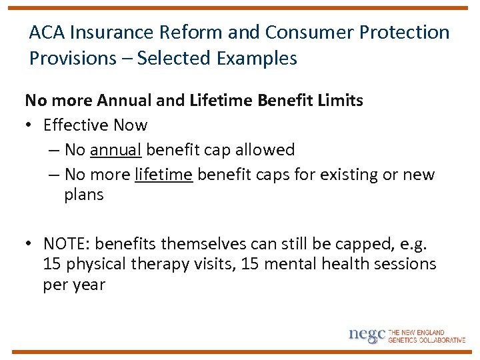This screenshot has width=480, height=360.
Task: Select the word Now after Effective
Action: (x=131, y=125)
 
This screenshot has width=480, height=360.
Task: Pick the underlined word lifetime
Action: (x=164, y=175)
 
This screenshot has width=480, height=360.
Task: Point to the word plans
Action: (x=84, y=195)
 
